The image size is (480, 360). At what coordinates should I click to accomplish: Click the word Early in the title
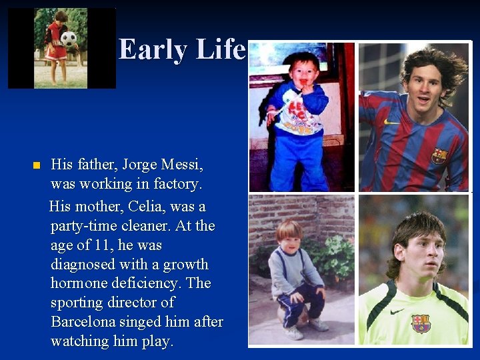point(153,49)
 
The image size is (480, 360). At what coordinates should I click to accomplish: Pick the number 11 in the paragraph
point(103,245)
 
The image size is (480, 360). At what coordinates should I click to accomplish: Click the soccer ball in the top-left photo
point(68,39)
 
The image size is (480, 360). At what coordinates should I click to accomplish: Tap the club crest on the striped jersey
point(439,156)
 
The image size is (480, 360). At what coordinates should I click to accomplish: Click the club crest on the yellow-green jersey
point(421,323)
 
